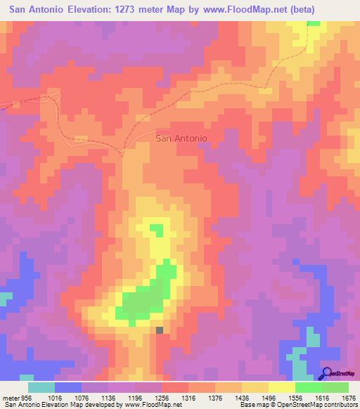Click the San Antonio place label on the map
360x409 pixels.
(181, 138)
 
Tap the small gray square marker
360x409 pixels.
(160, 330)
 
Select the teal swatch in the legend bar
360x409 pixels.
(41, 387)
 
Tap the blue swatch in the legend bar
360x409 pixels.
(67, 387)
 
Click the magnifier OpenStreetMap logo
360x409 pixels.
(327, 373)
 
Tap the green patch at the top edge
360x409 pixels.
(313, 23)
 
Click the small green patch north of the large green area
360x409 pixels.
(156, 230)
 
